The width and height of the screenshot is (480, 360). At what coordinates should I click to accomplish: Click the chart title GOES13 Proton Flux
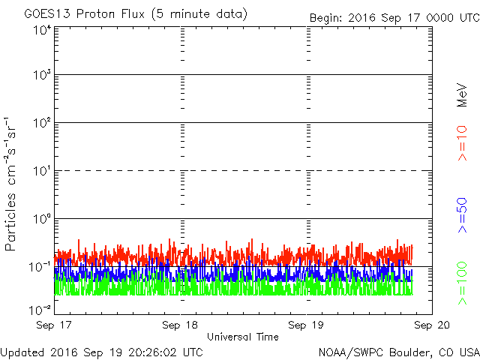click(x=85, y=14)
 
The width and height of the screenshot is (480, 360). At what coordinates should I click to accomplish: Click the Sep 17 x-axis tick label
click(x=54, y=325)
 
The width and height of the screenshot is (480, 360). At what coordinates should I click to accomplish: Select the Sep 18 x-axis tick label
click(x=180, y=325)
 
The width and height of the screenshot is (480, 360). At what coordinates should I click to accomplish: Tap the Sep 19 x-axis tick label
click(x=306, y=325)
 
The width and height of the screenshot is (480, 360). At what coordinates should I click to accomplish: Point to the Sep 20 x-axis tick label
click(x=432, y=325)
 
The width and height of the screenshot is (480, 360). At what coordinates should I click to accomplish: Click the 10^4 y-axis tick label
click(x=42, y=30)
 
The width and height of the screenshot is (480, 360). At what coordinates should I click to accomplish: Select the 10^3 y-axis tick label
click(x=42, y=74)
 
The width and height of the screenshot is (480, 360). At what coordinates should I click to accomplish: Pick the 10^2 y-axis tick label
click(x=42, y=122)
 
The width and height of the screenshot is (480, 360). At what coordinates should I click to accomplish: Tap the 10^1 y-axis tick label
click(x=42, y=170)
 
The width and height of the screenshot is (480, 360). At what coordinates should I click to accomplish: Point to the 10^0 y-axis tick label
click(x=42, y=218)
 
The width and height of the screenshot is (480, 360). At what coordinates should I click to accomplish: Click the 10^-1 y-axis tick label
click(x=40, y=267)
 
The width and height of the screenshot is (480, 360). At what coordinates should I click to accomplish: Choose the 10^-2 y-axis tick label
click(x=40, y=310)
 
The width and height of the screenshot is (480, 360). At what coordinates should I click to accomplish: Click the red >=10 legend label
click(x=462, y=143)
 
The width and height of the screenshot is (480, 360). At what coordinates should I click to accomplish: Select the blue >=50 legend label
click(x=462, y=215)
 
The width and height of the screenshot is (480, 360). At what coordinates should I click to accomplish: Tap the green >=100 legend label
click(x=462, y=283)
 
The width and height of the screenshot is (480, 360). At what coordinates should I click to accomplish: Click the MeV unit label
click(x=462, y=95)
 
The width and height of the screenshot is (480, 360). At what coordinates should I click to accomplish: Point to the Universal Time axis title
click(x=243, y=337)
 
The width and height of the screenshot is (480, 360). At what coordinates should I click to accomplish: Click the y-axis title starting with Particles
click(x=10, y=184)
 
